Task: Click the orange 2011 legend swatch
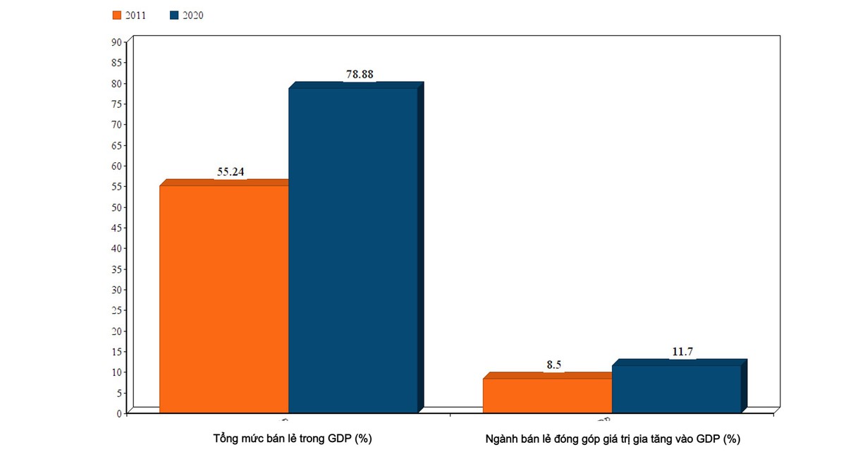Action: [x=116, y=15]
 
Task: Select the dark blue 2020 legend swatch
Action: [x=174, y=15]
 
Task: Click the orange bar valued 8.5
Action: [x=547, y=395]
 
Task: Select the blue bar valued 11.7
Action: [x=676, y=388]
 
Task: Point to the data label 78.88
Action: [x=360, y=74]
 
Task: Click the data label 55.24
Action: [x=230, y=171]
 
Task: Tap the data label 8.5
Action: [x=553, y=365]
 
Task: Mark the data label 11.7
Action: [x=682, y=351]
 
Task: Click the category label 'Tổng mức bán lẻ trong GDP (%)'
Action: [x=293, y=439]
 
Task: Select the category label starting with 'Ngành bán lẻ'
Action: [x=613, y=439]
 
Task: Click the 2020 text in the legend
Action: [x=192, y=15]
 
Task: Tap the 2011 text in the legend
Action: [x=135, y=15]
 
